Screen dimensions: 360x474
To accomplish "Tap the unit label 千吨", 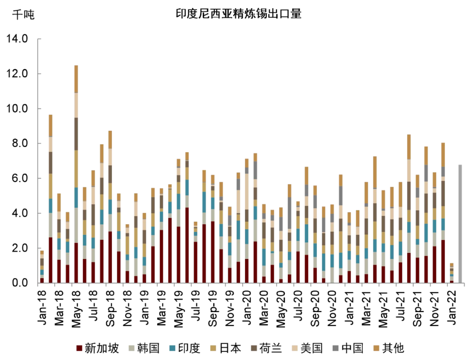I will click(23, 14).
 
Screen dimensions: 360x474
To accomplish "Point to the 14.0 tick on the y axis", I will click(18, 39).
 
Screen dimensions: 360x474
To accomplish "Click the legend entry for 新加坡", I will click(97, 349).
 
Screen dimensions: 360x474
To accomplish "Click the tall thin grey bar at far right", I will click(460, 224).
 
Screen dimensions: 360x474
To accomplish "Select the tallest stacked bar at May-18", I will click(76, 176).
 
